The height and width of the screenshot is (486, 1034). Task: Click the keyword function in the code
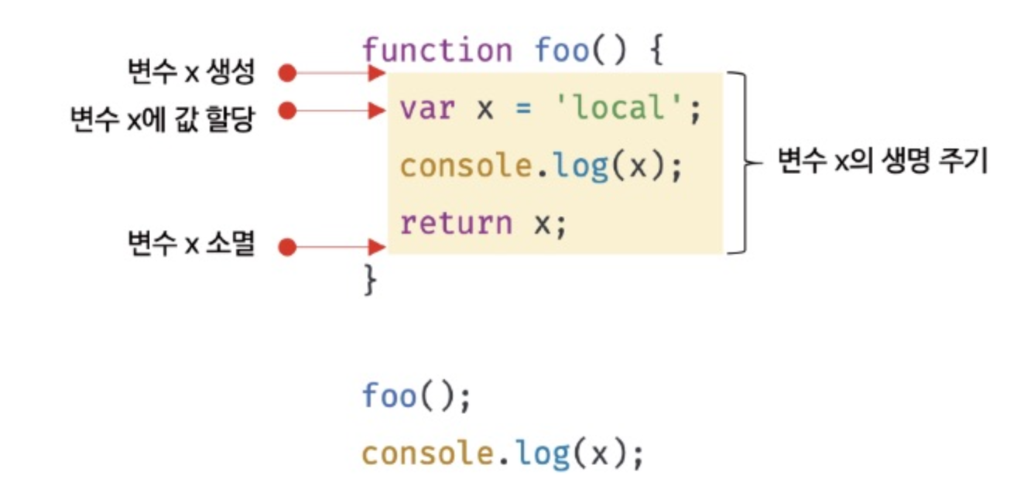(437, 51)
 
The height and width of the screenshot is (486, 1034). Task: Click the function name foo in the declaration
(561, 51)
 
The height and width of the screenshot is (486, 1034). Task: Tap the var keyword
(426, 109)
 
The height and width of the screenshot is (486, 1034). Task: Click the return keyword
(456, 224)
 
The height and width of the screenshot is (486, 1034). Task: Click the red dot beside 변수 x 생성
(288, 74)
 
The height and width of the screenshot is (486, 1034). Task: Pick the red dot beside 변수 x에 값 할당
(288, 111)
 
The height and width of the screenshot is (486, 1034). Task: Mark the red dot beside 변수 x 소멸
(288, 248)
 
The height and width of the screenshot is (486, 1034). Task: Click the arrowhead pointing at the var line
(378, 111)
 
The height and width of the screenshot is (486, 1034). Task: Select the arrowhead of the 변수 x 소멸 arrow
(378, 248)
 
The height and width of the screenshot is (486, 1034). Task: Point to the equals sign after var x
(524, 110)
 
